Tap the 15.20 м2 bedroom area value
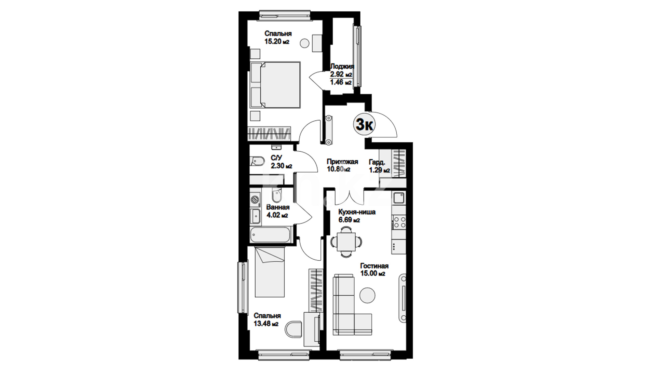[277, 42]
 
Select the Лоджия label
[342, 67]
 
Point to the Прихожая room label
[342, 162]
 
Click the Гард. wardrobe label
[377, 162]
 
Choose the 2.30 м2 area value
[282, 166]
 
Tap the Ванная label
[278, 207]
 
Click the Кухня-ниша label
[357, 212]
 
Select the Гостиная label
[374, 266]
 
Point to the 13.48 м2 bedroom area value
[266, 324]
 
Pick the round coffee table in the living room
[368, 294]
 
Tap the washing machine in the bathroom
[255, 199]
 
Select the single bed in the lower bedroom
[270, 272]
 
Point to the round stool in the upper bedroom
[304, 43]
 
